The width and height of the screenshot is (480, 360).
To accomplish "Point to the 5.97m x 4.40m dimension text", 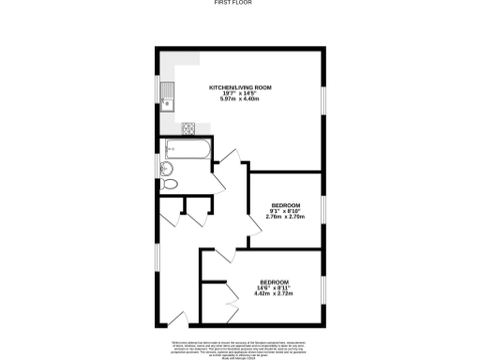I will [x=240, y=100].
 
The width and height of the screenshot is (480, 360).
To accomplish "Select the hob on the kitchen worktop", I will [x=187, y=128].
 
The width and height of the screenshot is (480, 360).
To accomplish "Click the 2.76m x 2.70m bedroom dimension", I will [x=286, y=217].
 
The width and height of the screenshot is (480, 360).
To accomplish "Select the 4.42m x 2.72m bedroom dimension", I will [x=274, y=294].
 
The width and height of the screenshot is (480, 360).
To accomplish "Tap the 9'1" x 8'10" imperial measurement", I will [x=286, y=211].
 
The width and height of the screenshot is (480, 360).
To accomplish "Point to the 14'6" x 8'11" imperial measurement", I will [x=274, y=288].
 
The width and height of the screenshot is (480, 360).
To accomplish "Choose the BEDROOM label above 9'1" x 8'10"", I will [x=286, y=205].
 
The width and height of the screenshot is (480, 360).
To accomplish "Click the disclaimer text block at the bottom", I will [x=240, y=348].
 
